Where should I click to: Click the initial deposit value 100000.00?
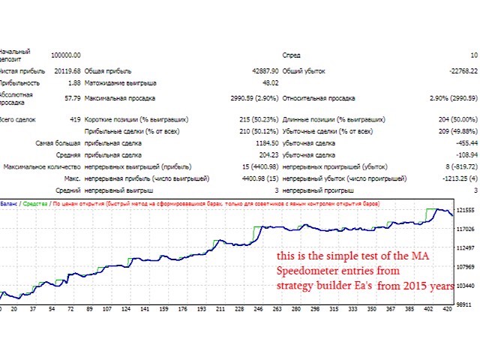[66, 55]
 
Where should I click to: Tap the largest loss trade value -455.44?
[464, 142]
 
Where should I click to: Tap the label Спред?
[291, 55]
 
